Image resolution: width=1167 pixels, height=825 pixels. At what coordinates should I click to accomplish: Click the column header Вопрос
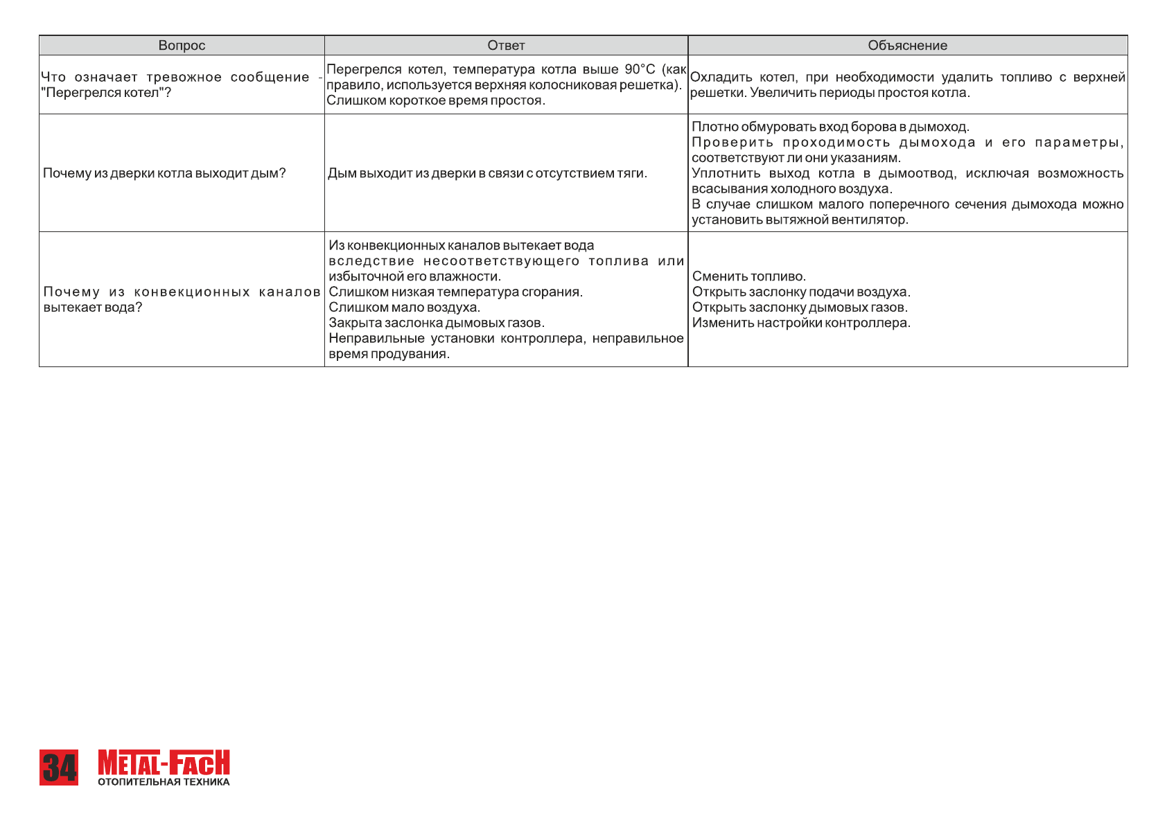tap(182, 46)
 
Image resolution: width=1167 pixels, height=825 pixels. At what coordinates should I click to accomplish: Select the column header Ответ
tap(506, 46)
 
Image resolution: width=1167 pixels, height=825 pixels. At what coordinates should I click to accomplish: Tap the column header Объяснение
tap(907, 46)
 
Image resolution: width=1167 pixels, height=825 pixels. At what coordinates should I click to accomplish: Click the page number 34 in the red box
tap(59, 768)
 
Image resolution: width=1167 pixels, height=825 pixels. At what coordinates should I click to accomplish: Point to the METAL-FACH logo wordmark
tap(164, 763)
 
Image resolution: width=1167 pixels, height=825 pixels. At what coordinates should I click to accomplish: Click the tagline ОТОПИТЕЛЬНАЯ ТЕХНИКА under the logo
tap(164, 782)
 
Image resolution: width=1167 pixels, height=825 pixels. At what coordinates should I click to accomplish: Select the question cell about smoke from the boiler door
tap(164, 173)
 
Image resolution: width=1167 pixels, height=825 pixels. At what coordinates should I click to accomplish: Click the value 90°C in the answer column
tap(640, 69)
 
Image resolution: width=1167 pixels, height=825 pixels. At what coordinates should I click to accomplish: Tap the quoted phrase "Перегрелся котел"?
tap(106, 93)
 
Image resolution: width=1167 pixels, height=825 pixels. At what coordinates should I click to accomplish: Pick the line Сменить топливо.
tap(749, 276)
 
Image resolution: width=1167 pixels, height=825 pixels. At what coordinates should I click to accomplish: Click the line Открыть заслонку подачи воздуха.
tap(801, 292)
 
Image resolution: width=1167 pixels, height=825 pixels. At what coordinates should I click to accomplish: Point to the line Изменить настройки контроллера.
tap(801, 323)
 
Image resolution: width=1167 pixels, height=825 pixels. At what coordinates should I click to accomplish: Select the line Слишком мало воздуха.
tap(404, 308)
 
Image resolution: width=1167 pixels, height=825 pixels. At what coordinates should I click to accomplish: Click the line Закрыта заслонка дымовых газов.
tap(437, 323)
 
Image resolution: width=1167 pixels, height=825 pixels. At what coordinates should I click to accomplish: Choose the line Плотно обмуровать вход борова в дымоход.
tap(830, 127)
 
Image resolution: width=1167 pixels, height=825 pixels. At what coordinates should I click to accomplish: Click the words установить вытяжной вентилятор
tap(800, 220)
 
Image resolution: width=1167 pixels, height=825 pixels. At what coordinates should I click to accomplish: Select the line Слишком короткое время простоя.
tap(436, 100)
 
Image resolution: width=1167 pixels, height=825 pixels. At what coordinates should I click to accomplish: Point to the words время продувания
tap(389, 354)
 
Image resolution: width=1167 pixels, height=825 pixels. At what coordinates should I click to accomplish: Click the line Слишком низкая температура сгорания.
tap(455, 292)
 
